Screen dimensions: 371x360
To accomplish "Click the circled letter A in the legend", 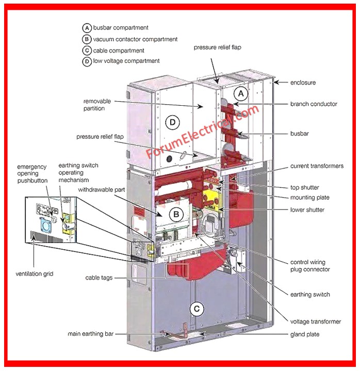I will coord(87,28).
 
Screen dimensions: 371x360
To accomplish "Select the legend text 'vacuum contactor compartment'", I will coord(135,39).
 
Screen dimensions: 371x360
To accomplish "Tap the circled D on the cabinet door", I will coord(173,122).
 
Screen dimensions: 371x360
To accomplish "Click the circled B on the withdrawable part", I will coord(175,213).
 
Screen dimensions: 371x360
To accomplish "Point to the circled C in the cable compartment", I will coord(197,309).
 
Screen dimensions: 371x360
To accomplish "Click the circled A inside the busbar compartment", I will coord(240,93).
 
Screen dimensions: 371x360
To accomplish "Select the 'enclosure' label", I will coord(303,83).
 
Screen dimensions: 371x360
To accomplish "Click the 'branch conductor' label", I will coord(314,104).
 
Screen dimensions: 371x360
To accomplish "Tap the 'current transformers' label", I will coord(317,166).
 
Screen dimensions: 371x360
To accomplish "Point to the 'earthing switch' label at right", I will coord(310,295).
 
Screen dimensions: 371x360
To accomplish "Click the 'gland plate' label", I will coord(305,334).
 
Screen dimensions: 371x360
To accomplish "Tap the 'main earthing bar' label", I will coord(91,334).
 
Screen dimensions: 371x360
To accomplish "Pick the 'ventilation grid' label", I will coord(37,273).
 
